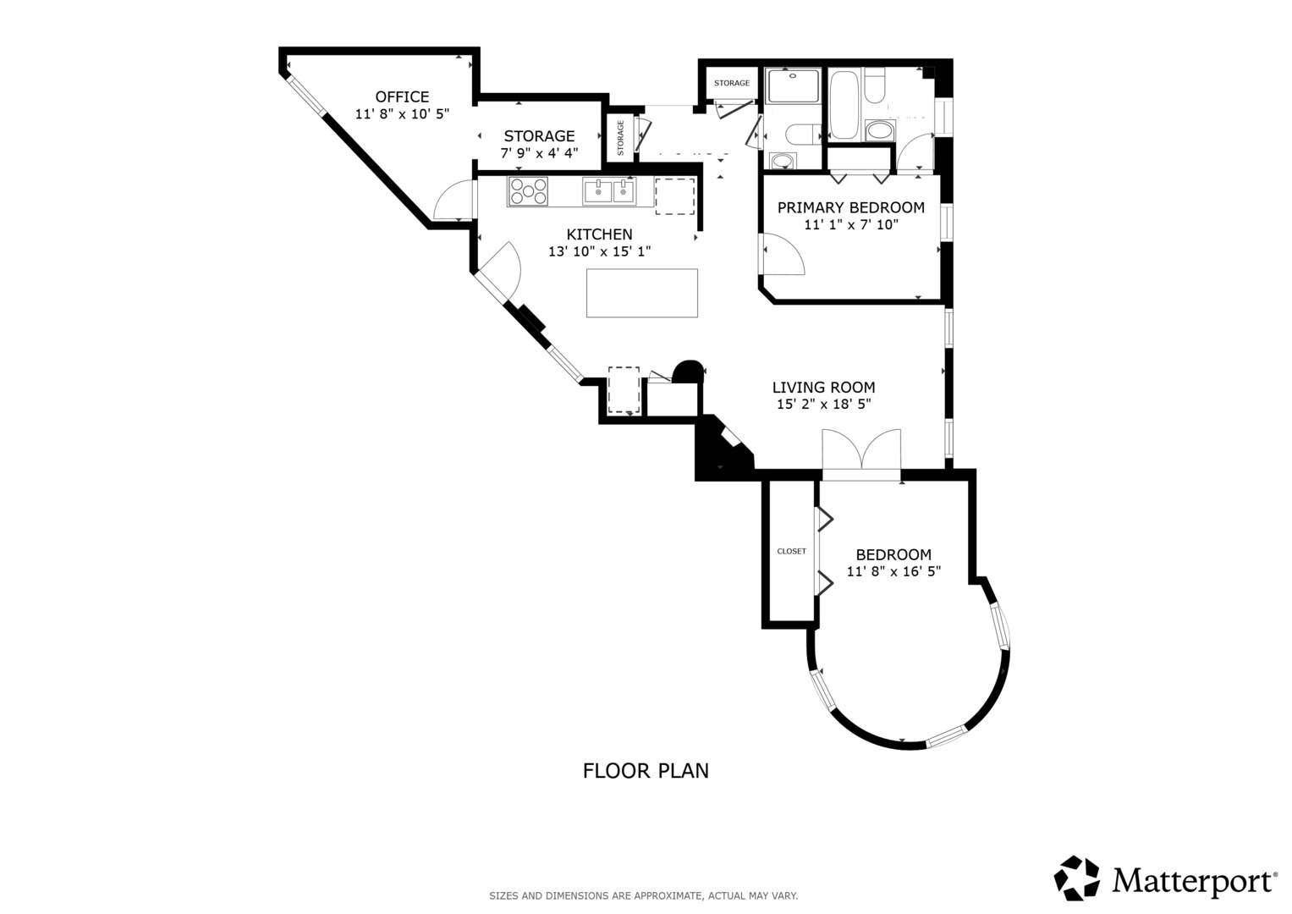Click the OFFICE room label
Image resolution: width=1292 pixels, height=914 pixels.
coord(402,96)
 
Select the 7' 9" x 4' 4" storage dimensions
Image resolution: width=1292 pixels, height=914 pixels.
coord(539,154)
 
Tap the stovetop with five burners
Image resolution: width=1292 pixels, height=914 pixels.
coord(528,191)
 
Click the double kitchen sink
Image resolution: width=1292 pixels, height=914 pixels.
coord(608,191)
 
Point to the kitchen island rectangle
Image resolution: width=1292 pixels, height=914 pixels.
coord(642,293)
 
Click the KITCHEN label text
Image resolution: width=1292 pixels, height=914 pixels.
coord(599,234)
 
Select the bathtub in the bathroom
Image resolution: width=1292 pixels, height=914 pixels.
coord(844,105)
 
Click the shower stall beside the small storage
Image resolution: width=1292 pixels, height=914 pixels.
coord(793,86)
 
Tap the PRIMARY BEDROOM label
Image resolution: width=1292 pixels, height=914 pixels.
coord(850,207)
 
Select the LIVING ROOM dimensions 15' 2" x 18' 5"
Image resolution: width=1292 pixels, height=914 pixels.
coord(823,405)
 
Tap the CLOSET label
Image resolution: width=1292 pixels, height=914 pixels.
coord(791,552)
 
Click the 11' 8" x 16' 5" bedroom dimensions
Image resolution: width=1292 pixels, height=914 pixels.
coord(893,572)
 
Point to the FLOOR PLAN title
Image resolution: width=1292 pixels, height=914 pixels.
coord(646,771)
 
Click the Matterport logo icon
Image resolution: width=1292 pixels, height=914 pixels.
coord(1076,878)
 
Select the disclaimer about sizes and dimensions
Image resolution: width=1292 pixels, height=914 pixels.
coord(643,895)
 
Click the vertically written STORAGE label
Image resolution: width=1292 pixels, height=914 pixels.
coord(620,138)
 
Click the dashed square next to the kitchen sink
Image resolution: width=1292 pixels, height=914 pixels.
coord(674,196)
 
